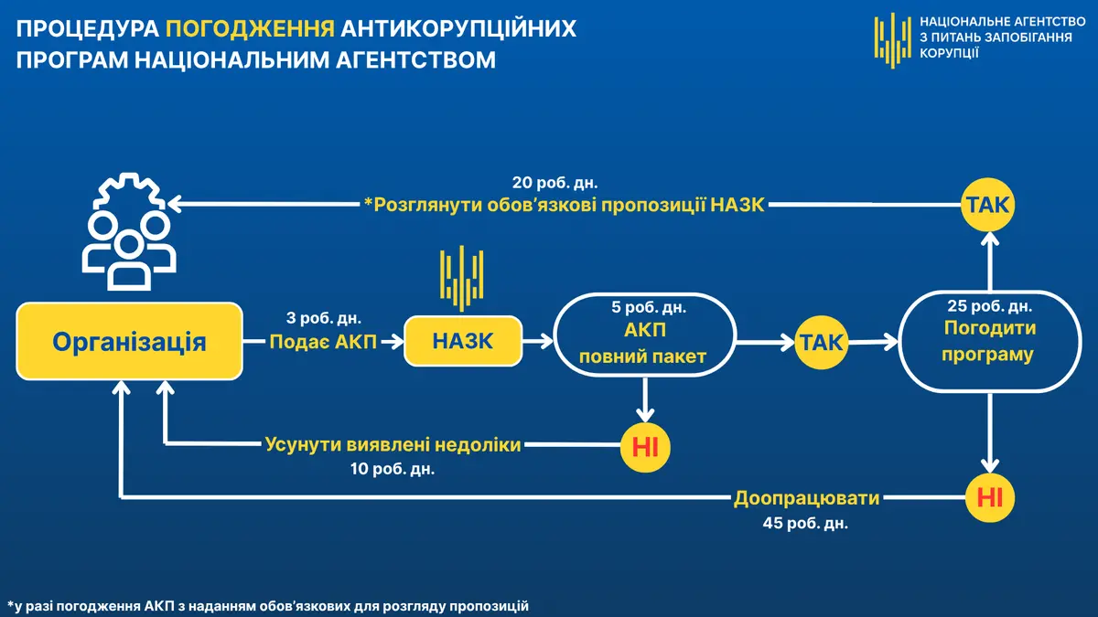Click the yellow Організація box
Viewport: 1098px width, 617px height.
pos(129,341)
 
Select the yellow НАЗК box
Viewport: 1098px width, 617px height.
pos(463,341)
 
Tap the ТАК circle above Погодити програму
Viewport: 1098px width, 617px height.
pos(987,205)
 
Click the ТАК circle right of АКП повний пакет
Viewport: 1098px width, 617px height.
pos(822,342)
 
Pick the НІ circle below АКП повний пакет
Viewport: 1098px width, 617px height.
pos(645,447)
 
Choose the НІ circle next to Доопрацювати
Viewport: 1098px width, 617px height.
pos(990,497)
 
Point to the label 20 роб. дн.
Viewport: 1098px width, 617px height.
pos(554,183)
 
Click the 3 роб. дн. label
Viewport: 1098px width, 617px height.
pos(324,318)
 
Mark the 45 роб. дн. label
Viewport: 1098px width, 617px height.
pos(805,523)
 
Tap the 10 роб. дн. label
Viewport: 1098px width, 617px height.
pos(393,469)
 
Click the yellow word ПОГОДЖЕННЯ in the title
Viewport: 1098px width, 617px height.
pos(250,28)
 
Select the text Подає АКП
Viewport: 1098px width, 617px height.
pos(323,342)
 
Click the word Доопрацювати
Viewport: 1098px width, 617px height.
pos(806,498)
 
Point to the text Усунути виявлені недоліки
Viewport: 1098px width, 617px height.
pos(393,444)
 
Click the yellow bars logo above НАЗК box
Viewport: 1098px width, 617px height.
pos(462,278)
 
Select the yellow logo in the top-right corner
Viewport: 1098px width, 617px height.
pos(893,40)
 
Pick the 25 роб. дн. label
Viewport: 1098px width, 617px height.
pos(990,306)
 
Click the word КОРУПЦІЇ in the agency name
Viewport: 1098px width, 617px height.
pos(949,53)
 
